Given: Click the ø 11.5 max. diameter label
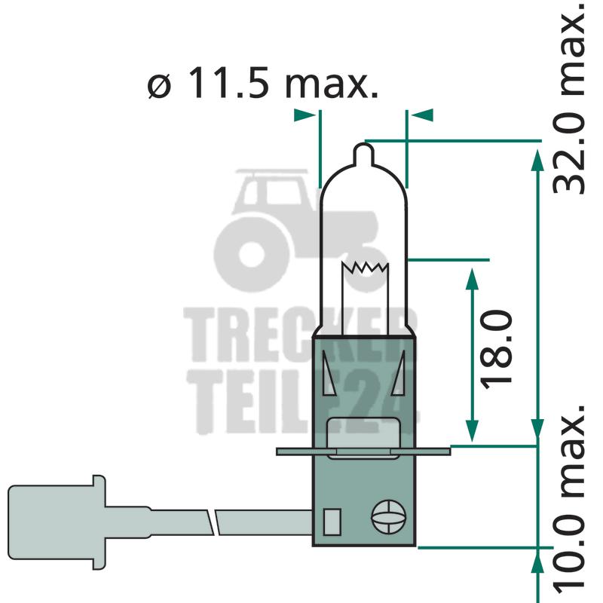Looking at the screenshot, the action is pos(262,83).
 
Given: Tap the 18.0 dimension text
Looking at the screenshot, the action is pos(496,350).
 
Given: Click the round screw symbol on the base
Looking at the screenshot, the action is pos(389,516).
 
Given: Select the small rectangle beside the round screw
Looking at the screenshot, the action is pos(332,522).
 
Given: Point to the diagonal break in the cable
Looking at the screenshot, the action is pos(215,522).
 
